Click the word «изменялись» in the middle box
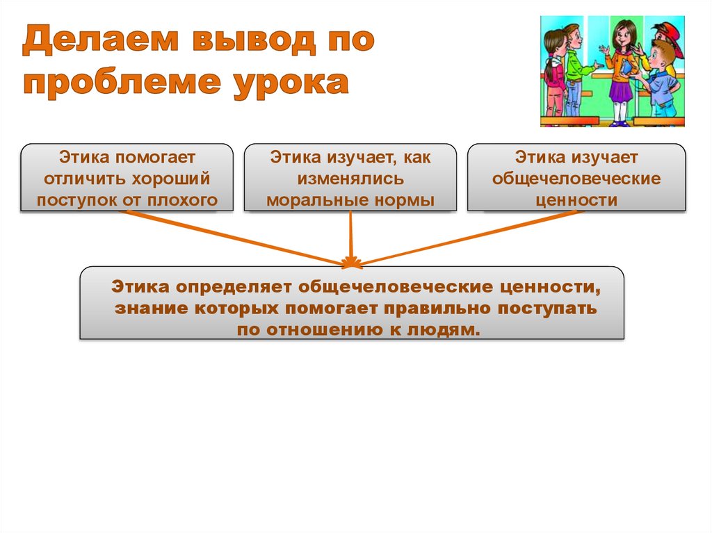(x=350, y=179)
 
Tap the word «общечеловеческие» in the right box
(x=576, y=179)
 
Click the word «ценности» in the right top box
(x=576, y=201)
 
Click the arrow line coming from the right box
(x=466, y=236)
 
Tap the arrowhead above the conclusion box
(x=351, y=262)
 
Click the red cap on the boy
(x=669, y=31)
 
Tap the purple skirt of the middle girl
(x=620, y=89)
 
